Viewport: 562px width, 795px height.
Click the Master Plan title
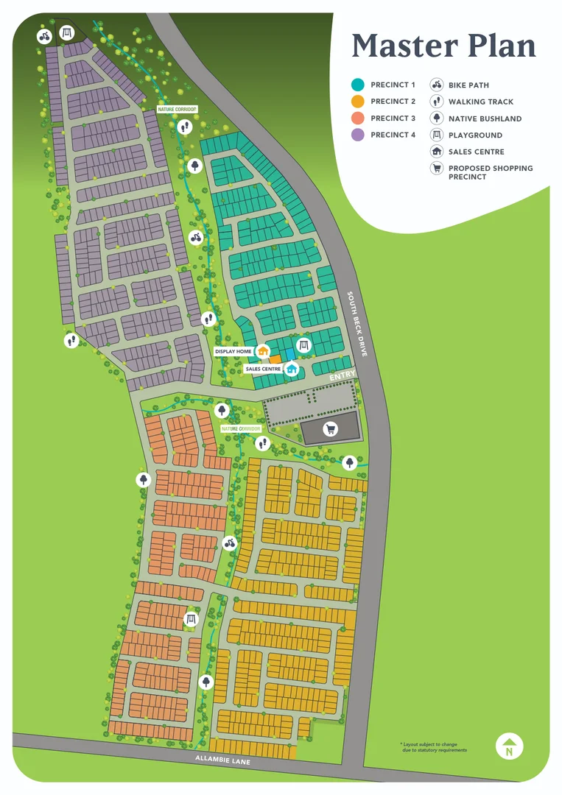coord(443,46)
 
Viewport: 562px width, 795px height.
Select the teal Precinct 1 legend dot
coord(358,85)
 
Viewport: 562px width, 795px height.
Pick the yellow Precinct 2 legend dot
coord(358,102)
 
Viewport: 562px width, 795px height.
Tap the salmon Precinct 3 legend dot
coord(358,119)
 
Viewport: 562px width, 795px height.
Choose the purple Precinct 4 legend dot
coord(358,135)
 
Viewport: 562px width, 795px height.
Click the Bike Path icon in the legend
coord(436,85)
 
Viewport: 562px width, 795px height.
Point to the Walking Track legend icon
coord(436,102)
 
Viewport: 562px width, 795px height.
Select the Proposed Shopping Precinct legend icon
coord(436,169)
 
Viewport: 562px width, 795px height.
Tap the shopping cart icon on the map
coord(330,428)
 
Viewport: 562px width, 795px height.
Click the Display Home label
coord(234,352)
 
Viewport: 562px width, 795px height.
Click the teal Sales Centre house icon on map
coord(292,369)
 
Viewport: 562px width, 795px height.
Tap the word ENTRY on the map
coord(343,375)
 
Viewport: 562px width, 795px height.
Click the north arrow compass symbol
coord(509,746)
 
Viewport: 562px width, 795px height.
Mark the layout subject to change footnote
coord(433,747)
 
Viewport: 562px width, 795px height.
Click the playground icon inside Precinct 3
coord(192,619)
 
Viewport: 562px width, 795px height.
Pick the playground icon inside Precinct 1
coord(302,345)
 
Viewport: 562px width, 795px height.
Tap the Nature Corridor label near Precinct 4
coord(178,110)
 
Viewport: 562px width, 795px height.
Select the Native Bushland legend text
coord(485,119)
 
